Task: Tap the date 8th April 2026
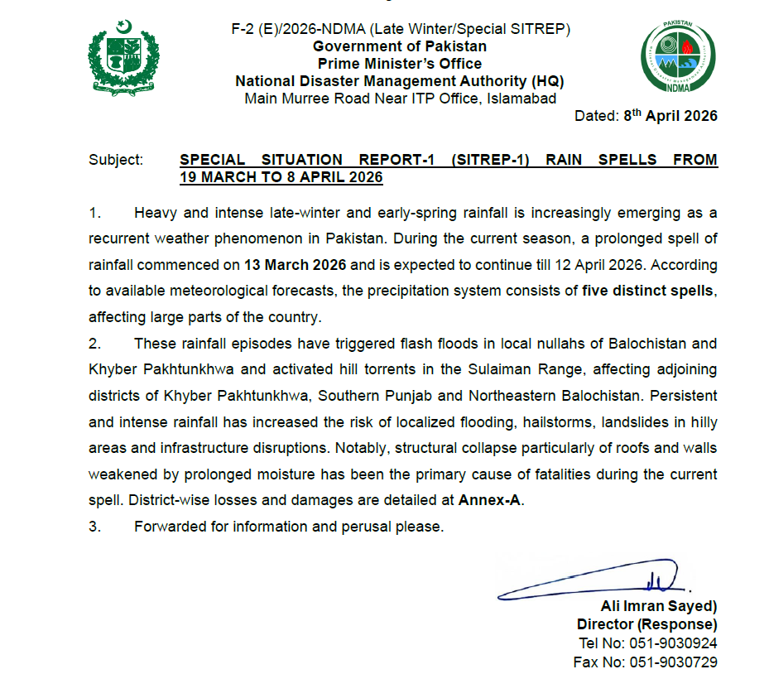point(670,116)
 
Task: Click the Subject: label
point(116,160)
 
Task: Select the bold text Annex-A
point(491,501)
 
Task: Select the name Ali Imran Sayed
point(656,606)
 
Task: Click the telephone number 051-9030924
point(673,643)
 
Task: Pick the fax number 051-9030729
point(673,662)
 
